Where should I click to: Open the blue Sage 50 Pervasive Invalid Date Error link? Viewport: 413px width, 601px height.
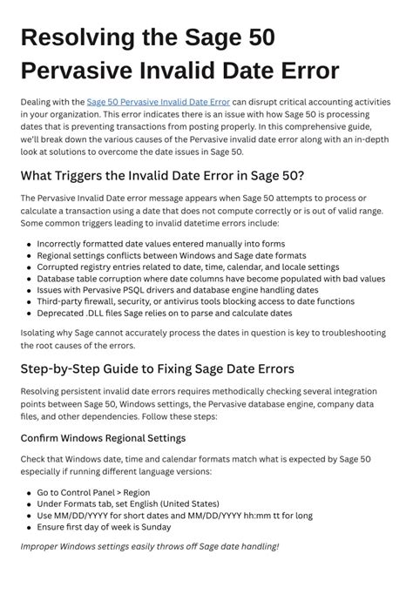click(x=159, y=102)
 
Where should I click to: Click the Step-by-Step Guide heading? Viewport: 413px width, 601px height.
click(x=157, y=368)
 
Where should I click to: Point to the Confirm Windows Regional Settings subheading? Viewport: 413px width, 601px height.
click(x=103, y=437)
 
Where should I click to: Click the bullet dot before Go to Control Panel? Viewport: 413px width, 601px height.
click(x=29, y=492)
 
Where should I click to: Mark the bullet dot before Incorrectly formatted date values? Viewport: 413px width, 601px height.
click(x=29, y=245)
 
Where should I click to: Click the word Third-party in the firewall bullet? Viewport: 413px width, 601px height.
click(x=60, y=300)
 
